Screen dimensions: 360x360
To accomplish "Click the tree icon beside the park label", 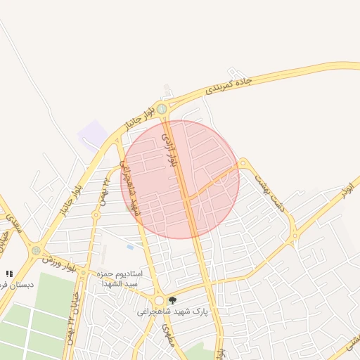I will pos(173,300).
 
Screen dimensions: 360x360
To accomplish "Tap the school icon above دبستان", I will pos(9,274).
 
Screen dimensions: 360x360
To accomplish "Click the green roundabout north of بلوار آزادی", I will pos(162,108).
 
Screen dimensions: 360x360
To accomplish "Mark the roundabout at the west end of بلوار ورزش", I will pos(36,250).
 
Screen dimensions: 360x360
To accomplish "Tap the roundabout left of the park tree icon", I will pos(159,300).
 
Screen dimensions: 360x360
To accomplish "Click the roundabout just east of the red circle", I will pos(243,163).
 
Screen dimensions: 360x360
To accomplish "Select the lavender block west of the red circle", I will pos(93,133).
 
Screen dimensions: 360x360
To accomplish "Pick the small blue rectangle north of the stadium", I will pos(130,247).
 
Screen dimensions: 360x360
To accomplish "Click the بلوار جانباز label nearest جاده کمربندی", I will pos(139,117).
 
